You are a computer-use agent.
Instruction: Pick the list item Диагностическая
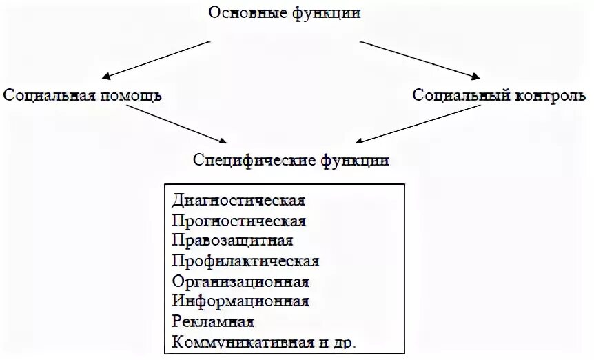pyautogui.click(x=238, y=201)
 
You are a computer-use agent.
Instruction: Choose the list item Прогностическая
pyautogui.click(x=239, y=221)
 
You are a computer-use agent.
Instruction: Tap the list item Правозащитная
pyautogui.click(x=233, y=241)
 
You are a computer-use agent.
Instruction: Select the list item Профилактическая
pyautogui.click(x=246, y=261)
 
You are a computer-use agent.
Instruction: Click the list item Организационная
pyautogui.click(x=240, y=281)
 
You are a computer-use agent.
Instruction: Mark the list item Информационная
pyautogui.click(x=240, y=301)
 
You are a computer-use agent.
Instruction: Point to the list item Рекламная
pyautogui.click(x=214, y=322)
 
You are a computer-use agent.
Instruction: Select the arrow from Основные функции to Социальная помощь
pyautogui.click(x=154, y=59)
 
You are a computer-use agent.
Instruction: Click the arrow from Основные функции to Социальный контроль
pyautogui.click(x=420, y=59)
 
